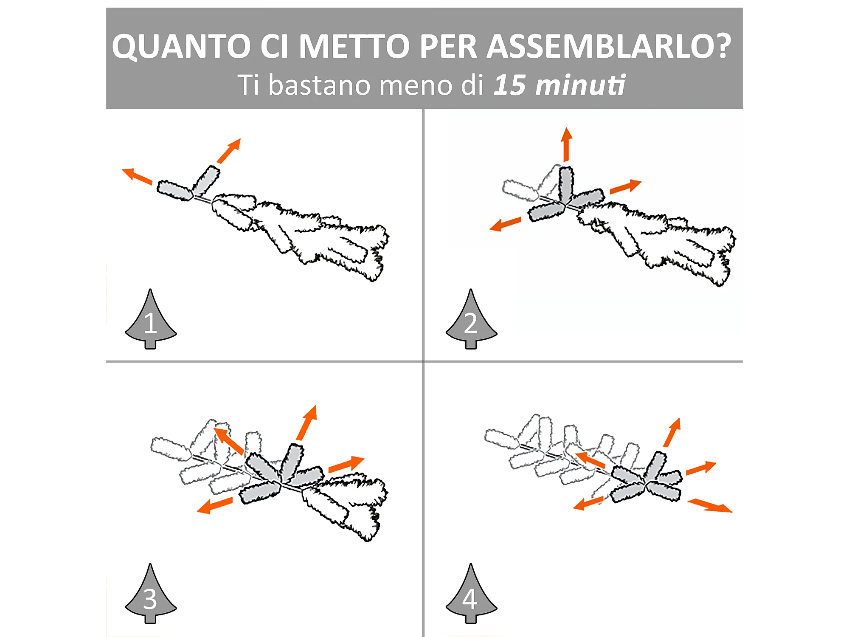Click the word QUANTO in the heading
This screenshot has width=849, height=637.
pyautogui.click(x=181, y=46)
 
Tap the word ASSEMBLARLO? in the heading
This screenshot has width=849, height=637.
pyautogui.click(x=609, y=46)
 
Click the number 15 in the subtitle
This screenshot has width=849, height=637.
pyautogui.click(x=510, y=85)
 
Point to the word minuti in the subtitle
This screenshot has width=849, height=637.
pyautogui.click(x=580, y=85)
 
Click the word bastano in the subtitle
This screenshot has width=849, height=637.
pyautogui.click(x=319, y=85)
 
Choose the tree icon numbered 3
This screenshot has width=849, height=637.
pyautogui.click(x=151, y=594)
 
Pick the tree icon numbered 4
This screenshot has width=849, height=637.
pyautogui.click(x=471, y=594)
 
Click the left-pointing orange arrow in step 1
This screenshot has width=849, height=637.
pyautogui.click(x=137, y=176)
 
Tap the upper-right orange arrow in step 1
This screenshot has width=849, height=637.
pyautogui.click(x=229, y=150)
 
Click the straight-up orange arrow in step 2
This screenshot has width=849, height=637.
pyautogui.click(x=566, y=144)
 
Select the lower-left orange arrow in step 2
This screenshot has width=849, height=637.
pyautogui.click(x=505, y=223)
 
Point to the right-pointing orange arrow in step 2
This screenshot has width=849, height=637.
pyautogui.click(x=626, y=186)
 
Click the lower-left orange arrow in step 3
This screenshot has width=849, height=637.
pyautogui.click(x=215, y=505)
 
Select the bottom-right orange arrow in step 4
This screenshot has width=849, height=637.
pyautogui.click(x=710, y=505)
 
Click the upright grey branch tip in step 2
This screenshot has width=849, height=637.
pyautogui.click(x=566, y=184)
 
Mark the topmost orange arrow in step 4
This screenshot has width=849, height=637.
pyautogui.click(x=672, y=432)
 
